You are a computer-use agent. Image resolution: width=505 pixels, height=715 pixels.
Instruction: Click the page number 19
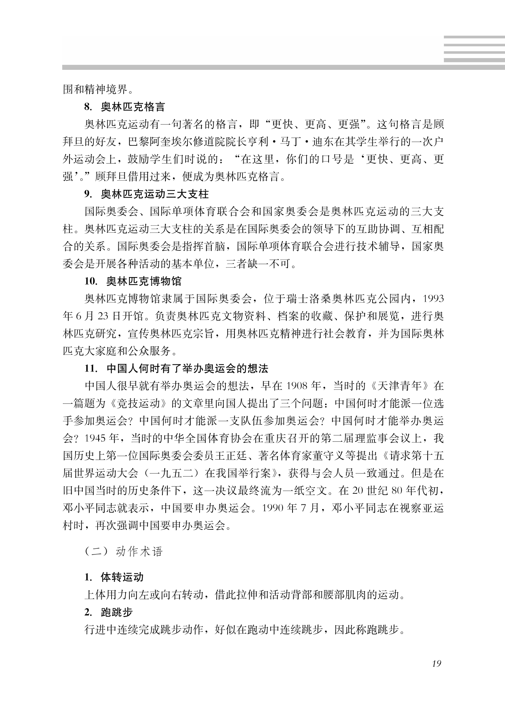(x=436, y=664)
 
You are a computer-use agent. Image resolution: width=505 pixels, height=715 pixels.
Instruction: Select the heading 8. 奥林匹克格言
(x=125, y=107)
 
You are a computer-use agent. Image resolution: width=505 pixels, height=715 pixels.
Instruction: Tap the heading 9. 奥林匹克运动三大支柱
(x=146, y=195)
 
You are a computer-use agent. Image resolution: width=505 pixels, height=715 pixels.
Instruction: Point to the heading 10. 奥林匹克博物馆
(x=133, y=281)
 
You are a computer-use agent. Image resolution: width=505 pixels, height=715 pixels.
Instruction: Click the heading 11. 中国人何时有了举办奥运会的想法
(x=176, y=369)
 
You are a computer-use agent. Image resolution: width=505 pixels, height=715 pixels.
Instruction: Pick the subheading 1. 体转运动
(x=114, y=578)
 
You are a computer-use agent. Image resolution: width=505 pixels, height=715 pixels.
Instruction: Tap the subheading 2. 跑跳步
(x=109, y=612)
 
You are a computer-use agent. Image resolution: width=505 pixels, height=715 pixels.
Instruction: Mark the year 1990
(x=273, y=508)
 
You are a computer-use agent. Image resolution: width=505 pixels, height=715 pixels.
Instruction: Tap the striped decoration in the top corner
(x=474, y=49)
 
